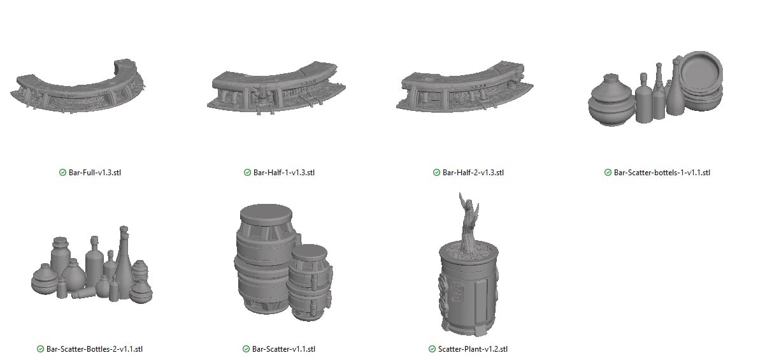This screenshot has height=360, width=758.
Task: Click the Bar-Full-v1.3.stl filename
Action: point(95,172)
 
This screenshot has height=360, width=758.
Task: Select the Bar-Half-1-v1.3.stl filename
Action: point(283,172)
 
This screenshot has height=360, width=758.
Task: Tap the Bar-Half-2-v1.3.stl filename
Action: point(473,172)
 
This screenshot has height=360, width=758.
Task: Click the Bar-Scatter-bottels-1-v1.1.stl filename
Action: point(662,172)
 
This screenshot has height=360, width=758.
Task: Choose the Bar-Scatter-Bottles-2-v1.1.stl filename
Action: point(94,349)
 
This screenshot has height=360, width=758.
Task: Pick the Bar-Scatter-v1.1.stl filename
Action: point(283,349)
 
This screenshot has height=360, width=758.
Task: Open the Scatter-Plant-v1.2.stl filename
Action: point(473,349)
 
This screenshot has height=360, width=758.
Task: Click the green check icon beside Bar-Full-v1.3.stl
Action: point(62,172)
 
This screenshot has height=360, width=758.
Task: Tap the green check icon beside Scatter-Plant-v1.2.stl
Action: point(432,349)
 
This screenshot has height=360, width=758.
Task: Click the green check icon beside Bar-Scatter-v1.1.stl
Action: point(247,349)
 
